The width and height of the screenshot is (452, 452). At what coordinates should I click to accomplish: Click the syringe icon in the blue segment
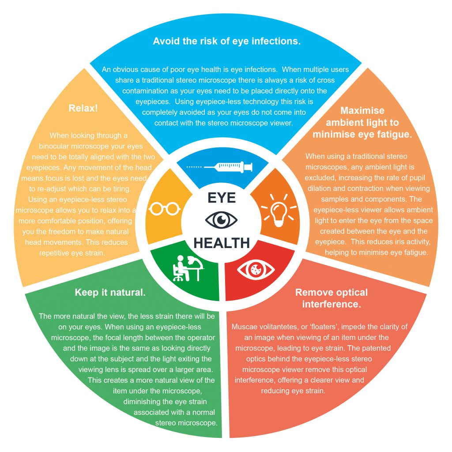[220, 166]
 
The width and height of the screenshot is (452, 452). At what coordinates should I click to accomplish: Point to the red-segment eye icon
[256, 270]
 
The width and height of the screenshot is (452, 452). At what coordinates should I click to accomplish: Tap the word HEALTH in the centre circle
[222, 242]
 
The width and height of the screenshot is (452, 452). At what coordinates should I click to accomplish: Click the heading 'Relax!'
[83, 108]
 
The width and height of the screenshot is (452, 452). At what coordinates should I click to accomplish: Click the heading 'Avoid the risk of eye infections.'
[226, 41]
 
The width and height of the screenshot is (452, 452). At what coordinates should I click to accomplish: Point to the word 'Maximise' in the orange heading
[362, 110]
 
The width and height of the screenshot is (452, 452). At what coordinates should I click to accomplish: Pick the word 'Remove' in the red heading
[314, 292]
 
